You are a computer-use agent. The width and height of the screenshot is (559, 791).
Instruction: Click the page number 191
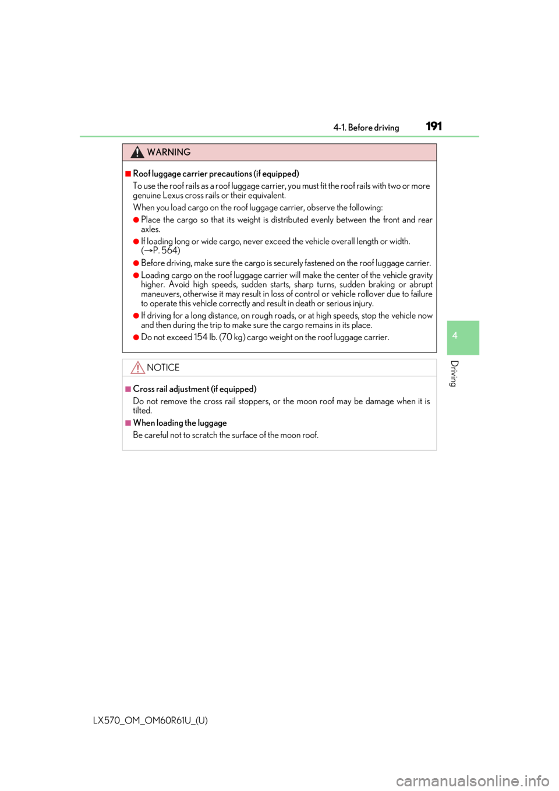click(434, 126)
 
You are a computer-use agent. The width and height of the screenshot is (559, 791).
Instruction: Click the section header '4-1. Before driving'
click(366, 128)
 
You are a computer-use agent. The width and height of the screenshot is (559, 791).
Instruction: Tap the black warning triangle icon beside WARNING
click(137, 152)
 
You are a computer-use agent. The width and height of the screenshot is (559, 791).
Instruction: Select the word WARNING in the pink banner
click(169, 152)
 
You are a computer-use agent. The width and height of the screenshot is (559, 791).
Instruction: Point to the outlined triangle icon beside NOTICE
click(137, 368)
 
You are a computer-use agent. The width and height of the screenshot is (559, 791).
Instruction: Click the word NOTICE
click(163, 368)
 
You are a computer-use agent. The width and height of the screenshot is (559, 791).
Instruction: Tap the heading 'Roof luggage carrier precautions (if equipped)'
click(216, 174)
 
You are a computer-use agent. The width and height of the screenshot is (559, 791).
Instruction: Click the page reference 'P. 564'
click(166, 250)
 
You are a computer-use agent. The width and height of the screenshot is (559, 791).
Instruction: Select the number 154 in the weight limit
click(200, 337)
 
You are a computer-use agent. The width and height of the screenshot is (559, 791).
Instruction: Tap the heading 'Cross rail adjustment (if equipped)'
click(195, 389)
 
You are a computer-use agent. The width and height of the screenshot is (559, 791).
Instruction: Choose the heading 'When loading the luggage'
click(180, 423)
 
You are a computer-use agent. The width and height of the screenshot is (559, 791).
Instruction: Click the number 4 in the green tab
click(455, 336)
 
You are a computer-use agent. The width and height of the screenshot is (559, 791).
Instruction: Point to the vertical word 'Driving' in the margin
click(454, 373)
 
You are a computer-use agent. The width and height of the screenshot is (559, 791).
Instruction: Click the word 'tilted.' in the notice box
click(143, 411)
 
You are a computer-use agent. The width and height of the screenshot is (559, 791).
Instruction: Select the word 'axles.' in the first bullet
click(151, 229)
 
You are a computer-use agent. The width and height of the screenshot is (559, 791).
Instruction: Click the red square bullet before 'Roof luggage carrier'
click(128, 174)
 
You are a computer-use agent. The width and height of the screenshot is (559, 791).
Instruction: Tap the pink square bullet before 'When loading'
click(128, 423)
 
